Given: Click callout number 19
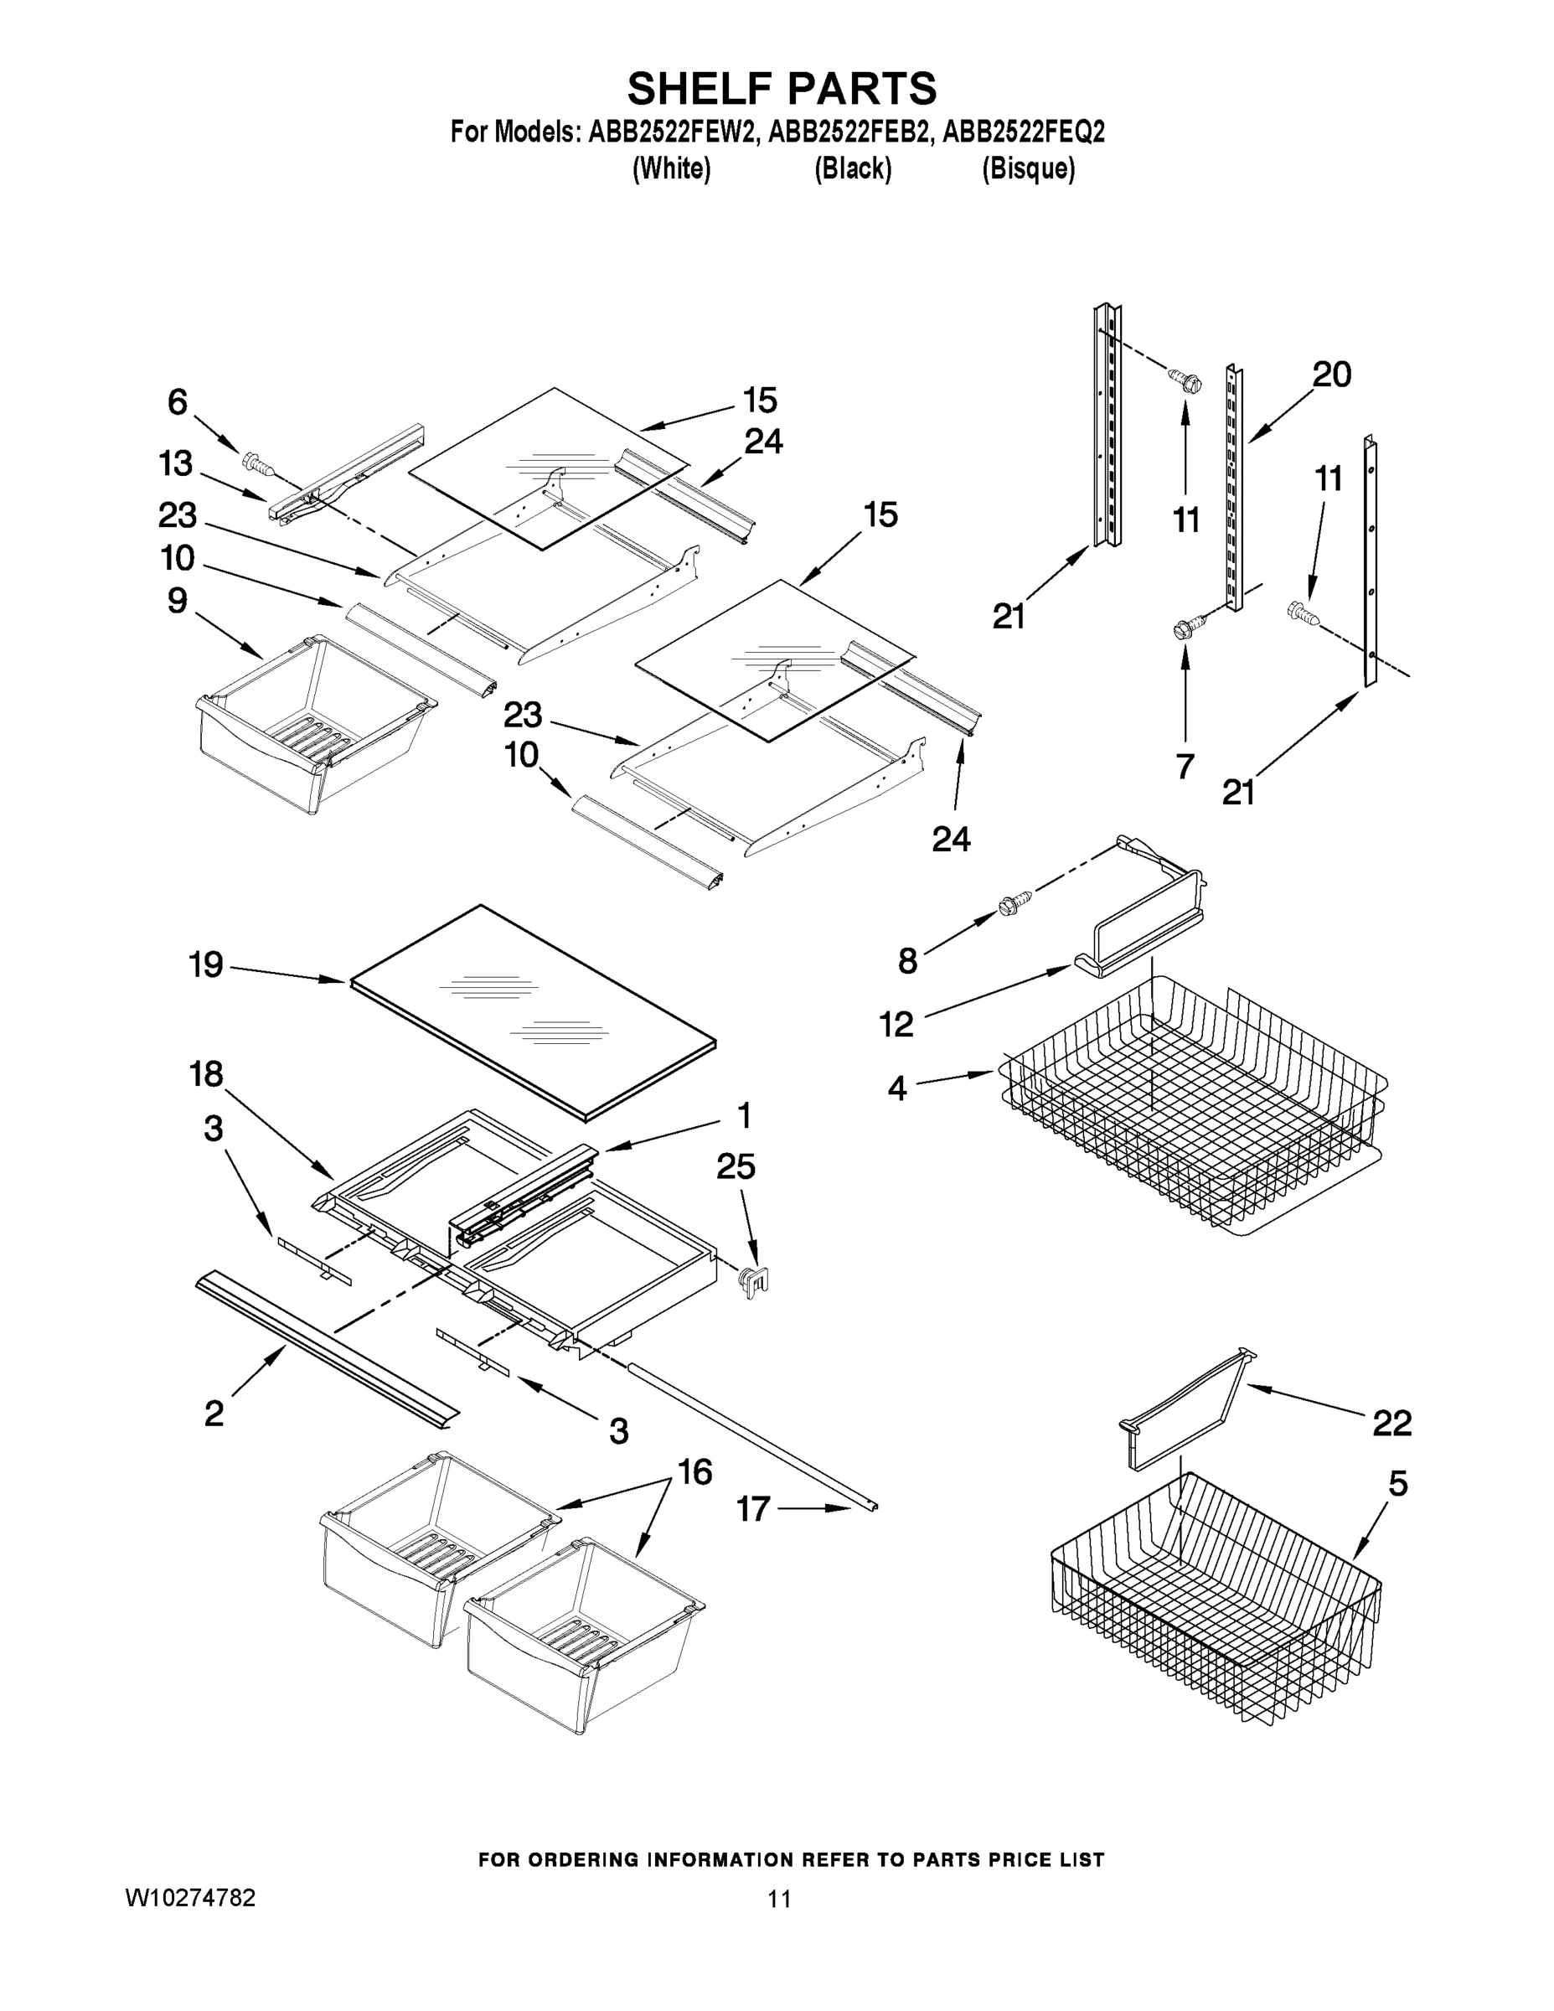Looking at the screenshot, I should coord(206,965).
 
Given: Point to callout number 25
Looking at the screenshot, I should coord(736,1166).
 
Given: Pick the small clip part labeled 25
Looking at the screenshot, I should coord(753,1279).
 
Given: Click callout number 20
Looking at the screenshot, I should coord(1331,375).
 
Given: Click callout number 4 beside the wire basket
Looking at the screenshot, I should coord(896,1088).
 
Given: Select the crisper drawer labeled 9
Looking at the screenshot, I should coord(313,723).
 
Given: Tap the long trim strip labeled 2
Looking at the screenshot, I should coord(327,1349).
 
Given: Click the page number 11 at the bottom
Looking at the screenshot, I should coord(779,1899).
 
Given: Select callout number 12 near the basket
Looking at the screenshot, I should coord(896,1023).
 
